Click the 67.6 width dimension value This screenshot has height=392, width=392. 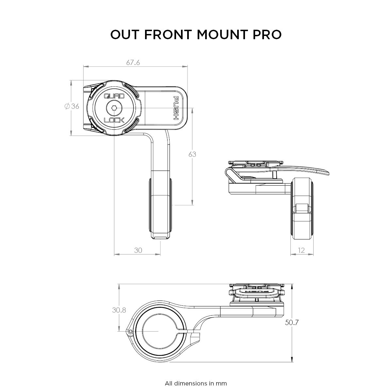tap(133, 62)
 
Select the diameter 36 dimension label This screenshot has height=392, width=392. tap(72, 106)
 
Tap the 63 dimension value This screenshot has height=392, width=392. tap(192, 155)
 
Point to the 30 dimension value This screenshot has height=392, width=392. tap(138, 250)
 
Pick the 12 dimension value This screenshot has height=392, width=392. tap(301, 250)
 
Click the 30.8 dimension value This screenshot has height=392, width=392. tap(119, 310)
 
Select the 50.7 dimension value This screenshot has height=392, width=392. tap(292, 322)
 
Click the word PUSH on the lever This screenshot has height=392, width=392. tap(176, 108)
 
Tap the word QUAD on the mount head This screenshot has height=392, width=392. tap(114, 96)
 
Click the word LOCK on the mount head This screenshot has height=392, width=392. tap(114, 120)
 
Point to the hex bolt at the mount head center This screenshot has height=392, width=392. tap(114, 108)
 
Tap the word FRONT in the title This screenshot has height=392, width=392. tap(168, 35)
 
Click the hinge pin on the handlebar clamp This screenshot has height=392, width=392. tap(130, 332)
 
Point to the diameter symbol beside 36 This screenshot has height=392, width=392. tap(67, 106)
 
